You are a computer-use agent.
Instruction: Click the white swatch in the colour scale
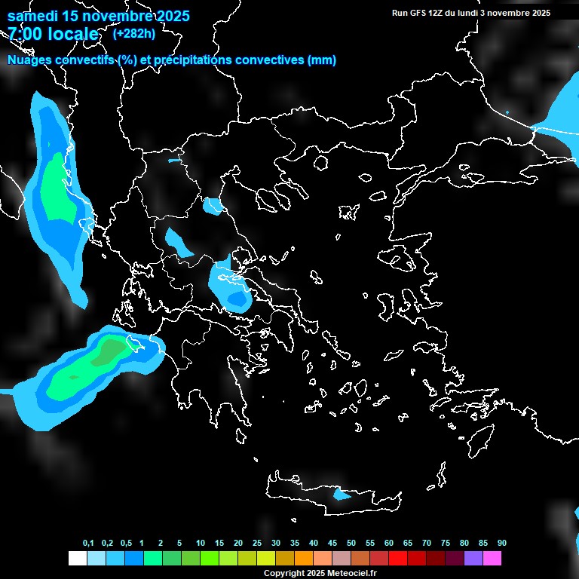[77, 559]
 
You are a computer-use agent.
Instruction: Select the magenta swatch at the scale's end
[492, 559]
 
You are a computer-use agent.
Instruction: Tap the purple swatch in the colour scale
[473, 559]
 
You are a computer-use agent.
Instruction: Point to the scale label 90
[501, 543]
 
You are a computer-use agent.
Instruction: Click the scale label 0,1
[88, 543]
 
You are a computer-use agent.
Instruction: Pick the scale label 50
[351, 543]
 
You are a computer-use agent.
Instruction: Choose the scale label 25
[257, 543]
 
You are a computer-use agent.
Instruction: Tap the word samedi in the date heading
[33, 16]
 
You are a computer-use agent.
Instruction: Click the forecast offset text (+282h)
[133, 34]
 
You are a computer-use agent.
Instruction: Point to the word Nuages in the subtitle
[29, 60]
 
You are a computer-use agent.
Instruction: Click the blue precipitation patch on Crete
[342, 495]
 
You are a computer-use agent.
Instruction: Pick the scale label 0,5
[125, 543]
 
